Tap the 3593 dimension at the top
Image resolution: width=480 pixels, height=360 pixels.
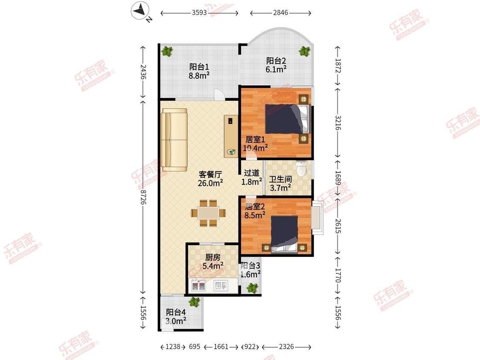(199, 12)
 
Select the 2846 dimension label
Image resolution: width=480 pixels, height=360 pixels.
(280, 12)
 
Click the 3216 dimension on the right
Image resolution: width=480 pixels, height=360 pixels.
(337, 122)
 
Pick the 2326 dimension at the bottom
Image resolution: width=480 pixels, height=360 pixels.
(286, 346)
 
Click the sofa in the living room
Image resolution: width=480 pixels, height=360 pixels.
(175, 140)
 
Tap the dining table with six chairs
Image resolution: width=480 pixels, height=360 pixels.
(209, 213)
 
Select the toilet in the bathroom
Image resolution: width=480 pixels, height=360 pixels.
(302, 169)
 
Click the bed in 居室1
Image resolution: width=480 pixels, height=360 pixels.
(288, 119)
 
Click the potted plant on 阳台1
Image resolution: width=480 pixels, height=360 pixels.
(167, 51)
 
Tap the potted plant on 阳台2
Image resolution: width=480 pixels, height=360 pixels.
(304, 51)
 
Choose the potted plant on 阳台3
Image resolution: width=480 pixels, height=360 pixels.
(252, 288)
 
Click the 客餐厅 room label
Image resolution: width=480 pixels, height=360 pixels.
(210, 174)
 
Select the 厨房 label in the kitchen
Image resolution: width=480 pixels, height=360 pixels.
(212, 257)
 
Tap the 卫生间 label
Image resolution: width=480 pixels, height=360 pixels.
(280, 179)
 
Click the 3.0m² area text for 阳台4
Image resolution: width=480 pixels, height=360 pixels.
(176, 321)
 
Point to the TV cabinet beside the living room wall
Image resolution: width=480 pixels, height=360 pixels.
(231, 136)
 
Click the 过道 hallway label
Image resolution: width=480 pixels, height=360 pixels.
(252, 173)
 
